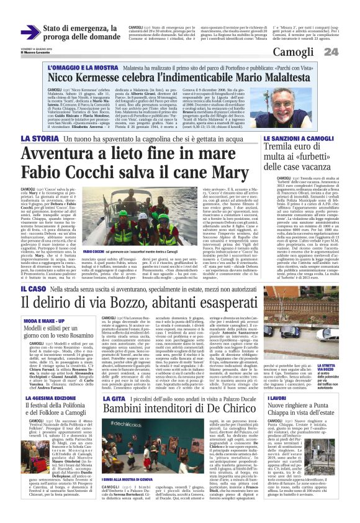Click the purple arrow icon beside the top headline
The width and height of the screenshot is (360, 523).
pos(30,32)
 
